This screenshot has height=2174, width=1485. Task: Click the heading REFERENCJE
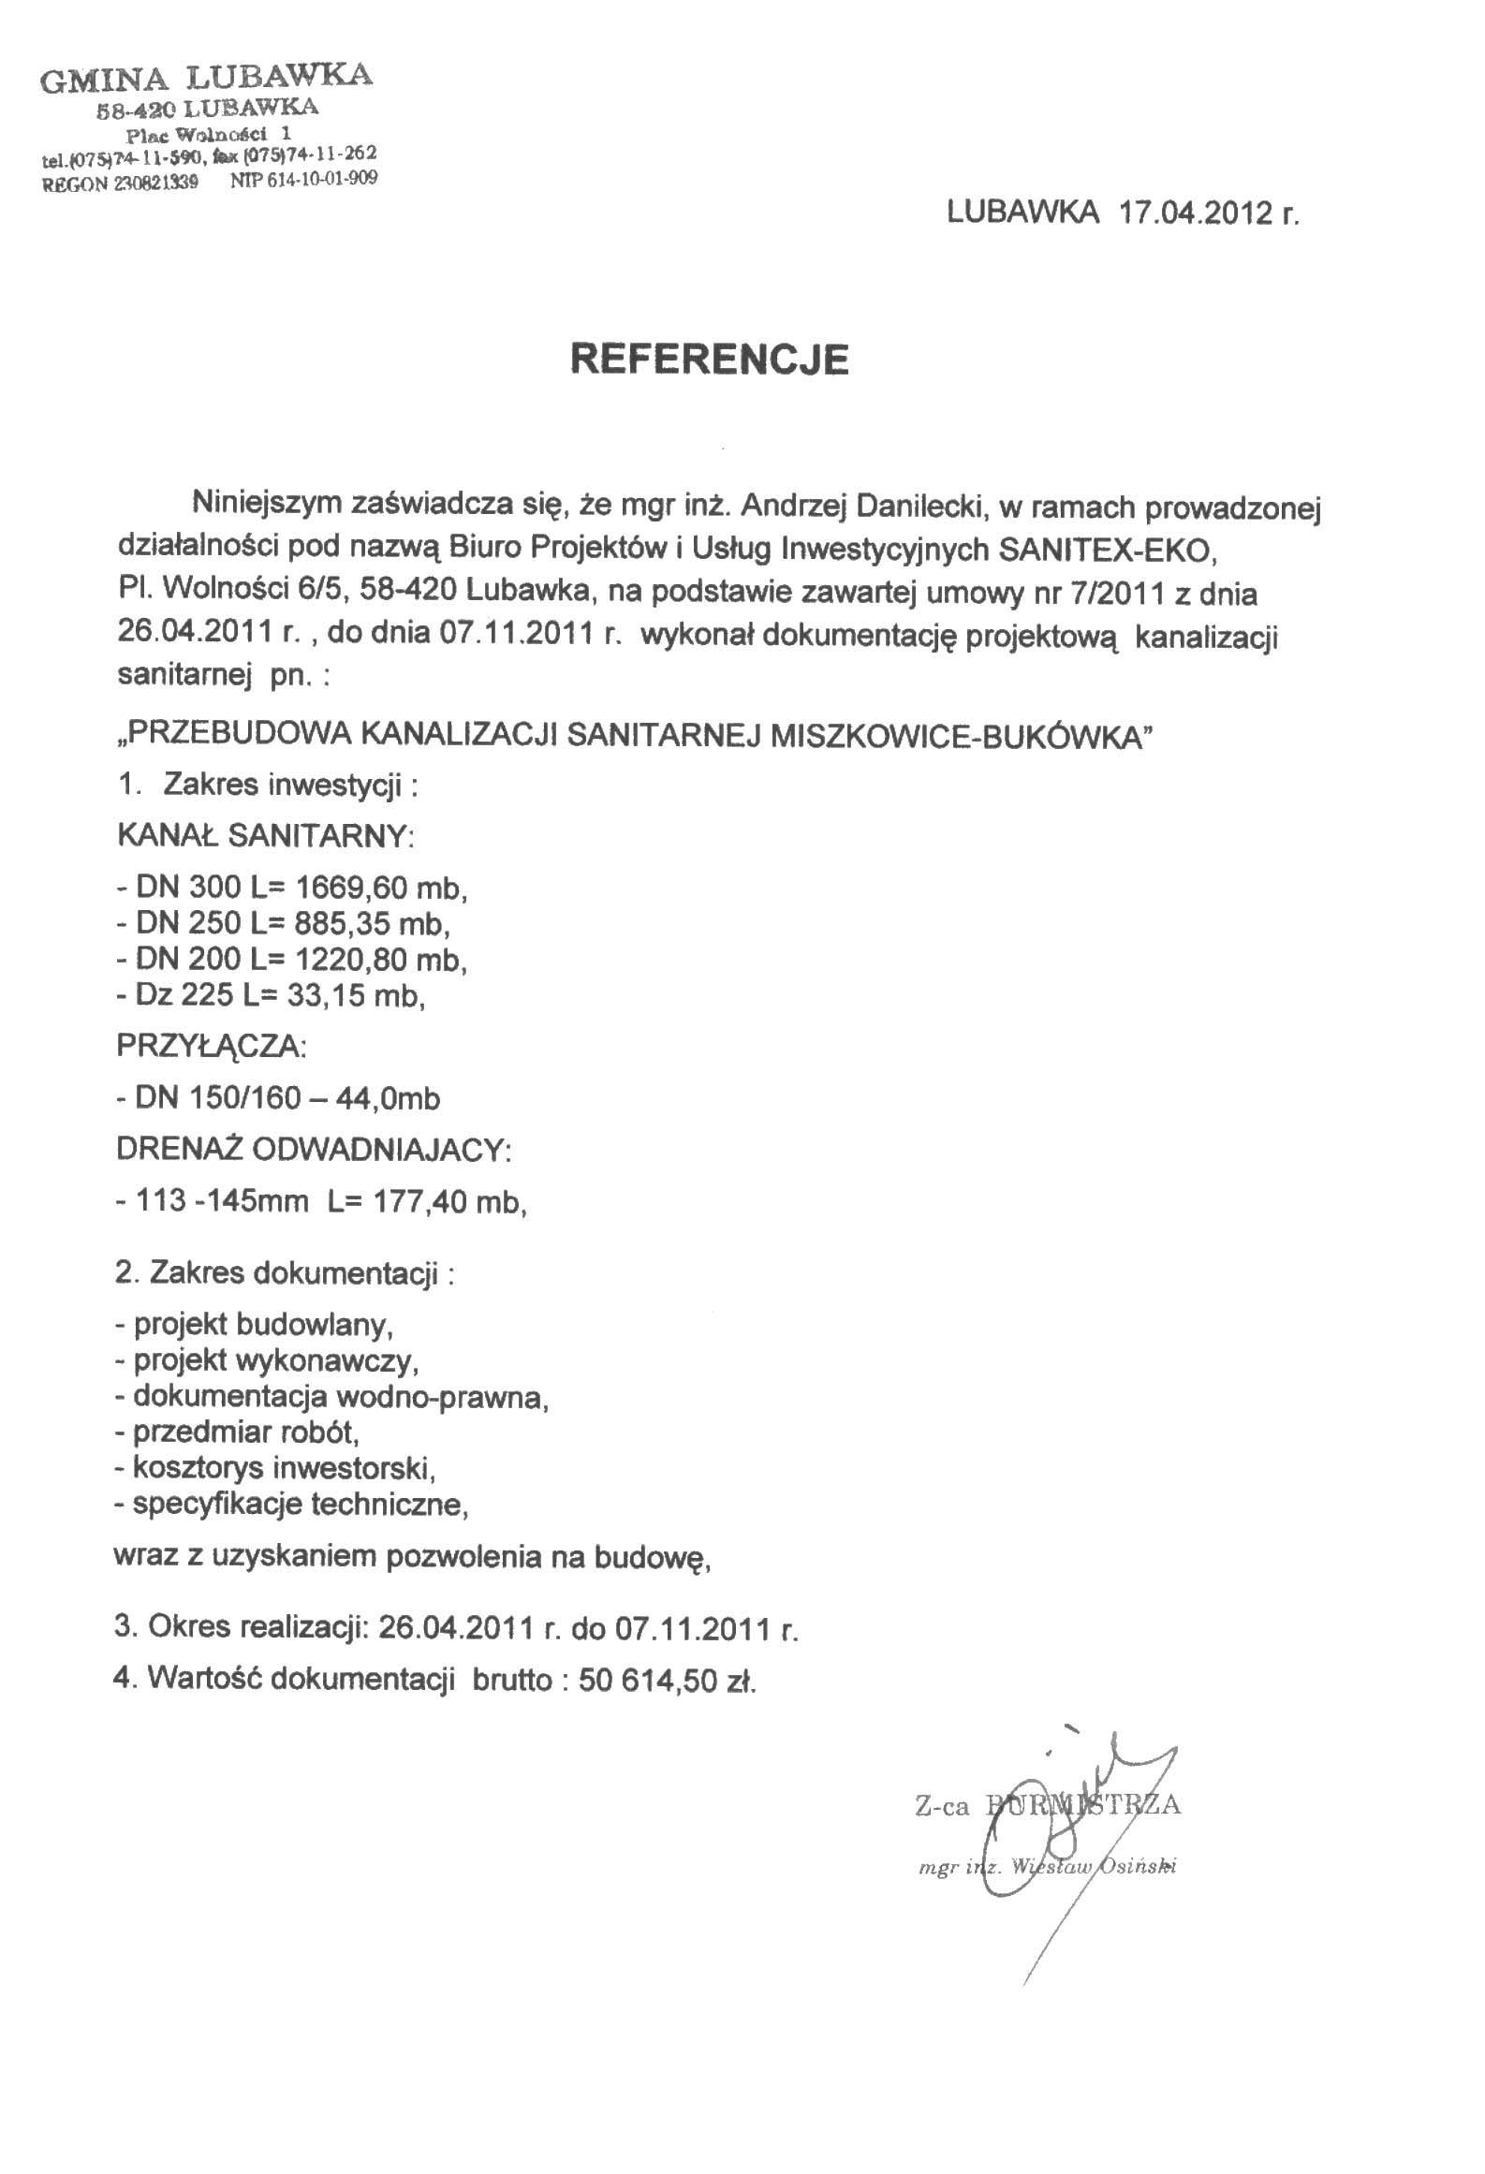(x=710, y=360)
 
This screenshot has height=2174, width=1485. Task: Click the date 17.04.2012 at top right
(x=1194, y=213)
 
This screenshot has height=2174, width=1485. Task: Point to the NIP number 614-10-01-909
(x=322, y=179)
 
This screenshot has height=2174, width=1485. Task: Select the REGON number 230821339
(x=156, y=184)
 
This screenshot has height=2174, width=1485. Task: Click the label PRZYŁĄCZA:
(x=211, y=1046)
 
